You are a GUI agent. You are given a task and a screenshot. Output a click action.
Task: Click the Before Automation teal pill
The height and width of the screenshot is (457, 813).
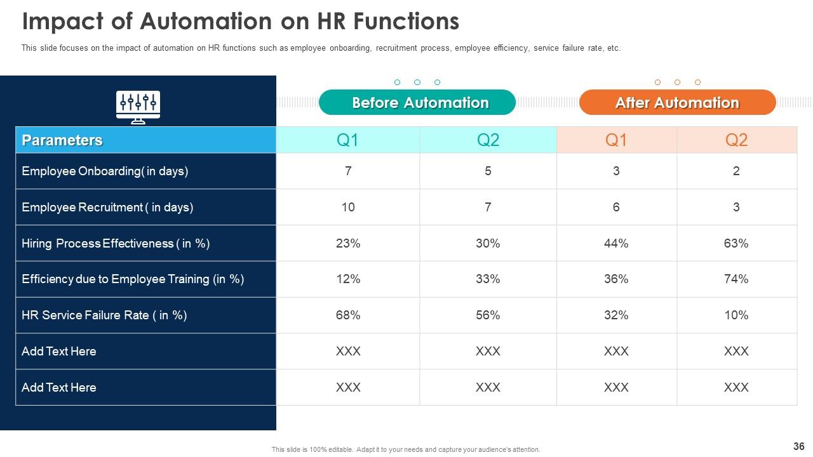click(417, 103)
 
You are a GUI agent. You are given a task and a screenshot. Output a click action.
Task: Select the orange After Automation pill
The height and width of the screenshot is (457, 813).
click(677, 103)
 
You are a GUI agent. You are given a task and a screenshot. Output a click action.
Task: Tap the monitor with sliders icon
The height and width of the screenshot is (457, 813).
click(138, 107)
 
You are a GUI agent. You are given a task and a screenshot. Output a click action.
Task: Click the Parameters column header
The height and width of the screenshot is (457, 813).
click(62, 140)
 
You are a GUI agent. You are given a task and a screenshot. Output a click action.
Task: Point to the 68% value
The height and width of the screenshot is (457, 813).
click(348, 315)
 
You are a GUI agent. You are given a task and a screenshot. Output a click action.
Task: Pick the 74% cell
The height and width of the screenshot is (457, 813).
click(736, 279)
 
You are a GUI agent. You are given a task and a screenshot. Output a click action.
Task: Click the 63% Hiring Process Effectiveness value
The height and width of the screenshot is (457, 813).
click(736, 243)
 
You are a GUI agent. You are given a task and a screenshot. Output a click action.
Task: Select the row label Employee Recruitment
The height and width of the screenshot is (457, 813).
click(107, 208)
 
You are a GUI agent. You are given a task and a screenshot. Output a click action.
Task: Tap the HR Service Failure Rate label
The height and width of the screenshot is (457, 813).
click(104, 315)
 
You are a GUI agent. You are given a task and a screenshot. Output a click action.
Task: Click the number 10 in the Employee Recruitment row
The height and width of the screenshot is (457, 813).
click(348, 208)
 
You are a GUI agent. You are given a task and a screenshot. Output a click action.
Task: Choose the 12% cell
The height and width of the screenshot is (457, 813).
click(348, 279)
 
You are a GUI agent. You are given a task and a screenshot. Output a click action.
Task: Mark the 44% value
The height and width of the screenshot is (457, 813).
click(616, 243)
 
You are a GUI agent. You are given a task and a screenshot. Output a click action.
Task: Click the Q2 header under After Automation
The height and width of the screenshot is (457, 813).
click(736, 140)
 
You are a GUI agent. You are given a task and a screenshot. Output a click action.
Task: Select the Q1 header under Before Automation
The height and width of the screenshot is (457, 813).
click(348, 140)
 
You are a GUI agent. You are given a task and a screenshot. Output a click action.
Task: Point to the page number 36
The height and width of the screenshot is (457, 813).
click(799, 446)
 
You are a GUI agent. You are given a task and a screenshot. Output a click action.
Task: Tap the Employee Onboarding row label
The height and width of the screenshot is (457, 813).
click(105, 171)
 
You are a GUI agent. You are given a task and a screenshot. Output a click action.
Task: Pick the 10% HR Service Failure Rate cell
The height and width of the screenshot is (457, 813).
click(736, 315)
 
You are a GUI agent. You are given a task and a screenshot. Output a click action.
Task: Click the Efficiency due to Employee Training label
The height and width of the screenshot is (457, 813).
click(133, 279)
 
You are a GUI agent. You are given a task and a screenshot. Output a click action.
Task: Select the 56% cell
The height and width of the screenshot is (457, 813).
click(488, 315)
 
